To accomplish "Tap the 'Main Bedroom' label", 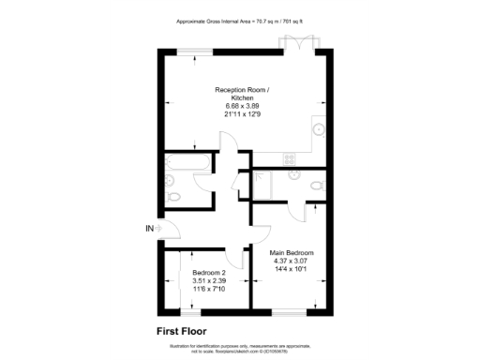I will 292,253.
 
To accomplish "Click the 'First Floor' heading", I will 182,330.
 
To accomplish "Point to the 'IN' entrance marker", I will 149,228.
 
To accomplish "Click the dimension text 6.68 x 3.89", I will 242,106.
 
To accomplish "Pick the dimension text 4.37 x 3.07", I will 292,262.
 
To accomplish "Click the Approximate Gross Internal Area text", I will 240,21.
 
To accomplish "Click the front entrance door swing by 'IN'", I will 162,228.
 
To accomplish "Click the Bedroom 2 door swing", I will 240,256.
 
